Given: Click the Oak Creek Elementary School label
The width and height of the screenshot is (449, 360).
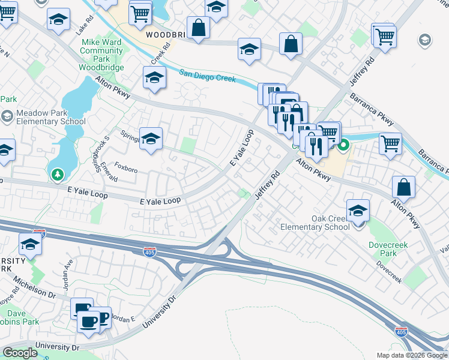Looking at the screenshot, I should [x=315, y=223].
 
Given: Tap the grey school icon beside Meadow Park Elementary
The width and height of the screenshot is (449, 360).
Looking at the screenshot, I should [x=7, y=116].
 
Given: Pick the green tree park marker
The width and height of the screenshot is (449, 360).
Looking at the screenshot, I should [x=58, y=175].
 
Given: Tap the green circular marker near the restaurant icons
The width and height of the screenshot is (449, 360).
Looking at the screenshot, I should [x=343, y=145].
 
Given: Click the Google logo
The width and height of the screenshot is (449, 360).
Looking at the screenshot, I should [x=19, y=353].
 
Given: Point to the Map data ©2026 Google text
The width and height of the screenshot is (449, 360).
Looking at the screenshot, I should [x=412, y=355].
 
